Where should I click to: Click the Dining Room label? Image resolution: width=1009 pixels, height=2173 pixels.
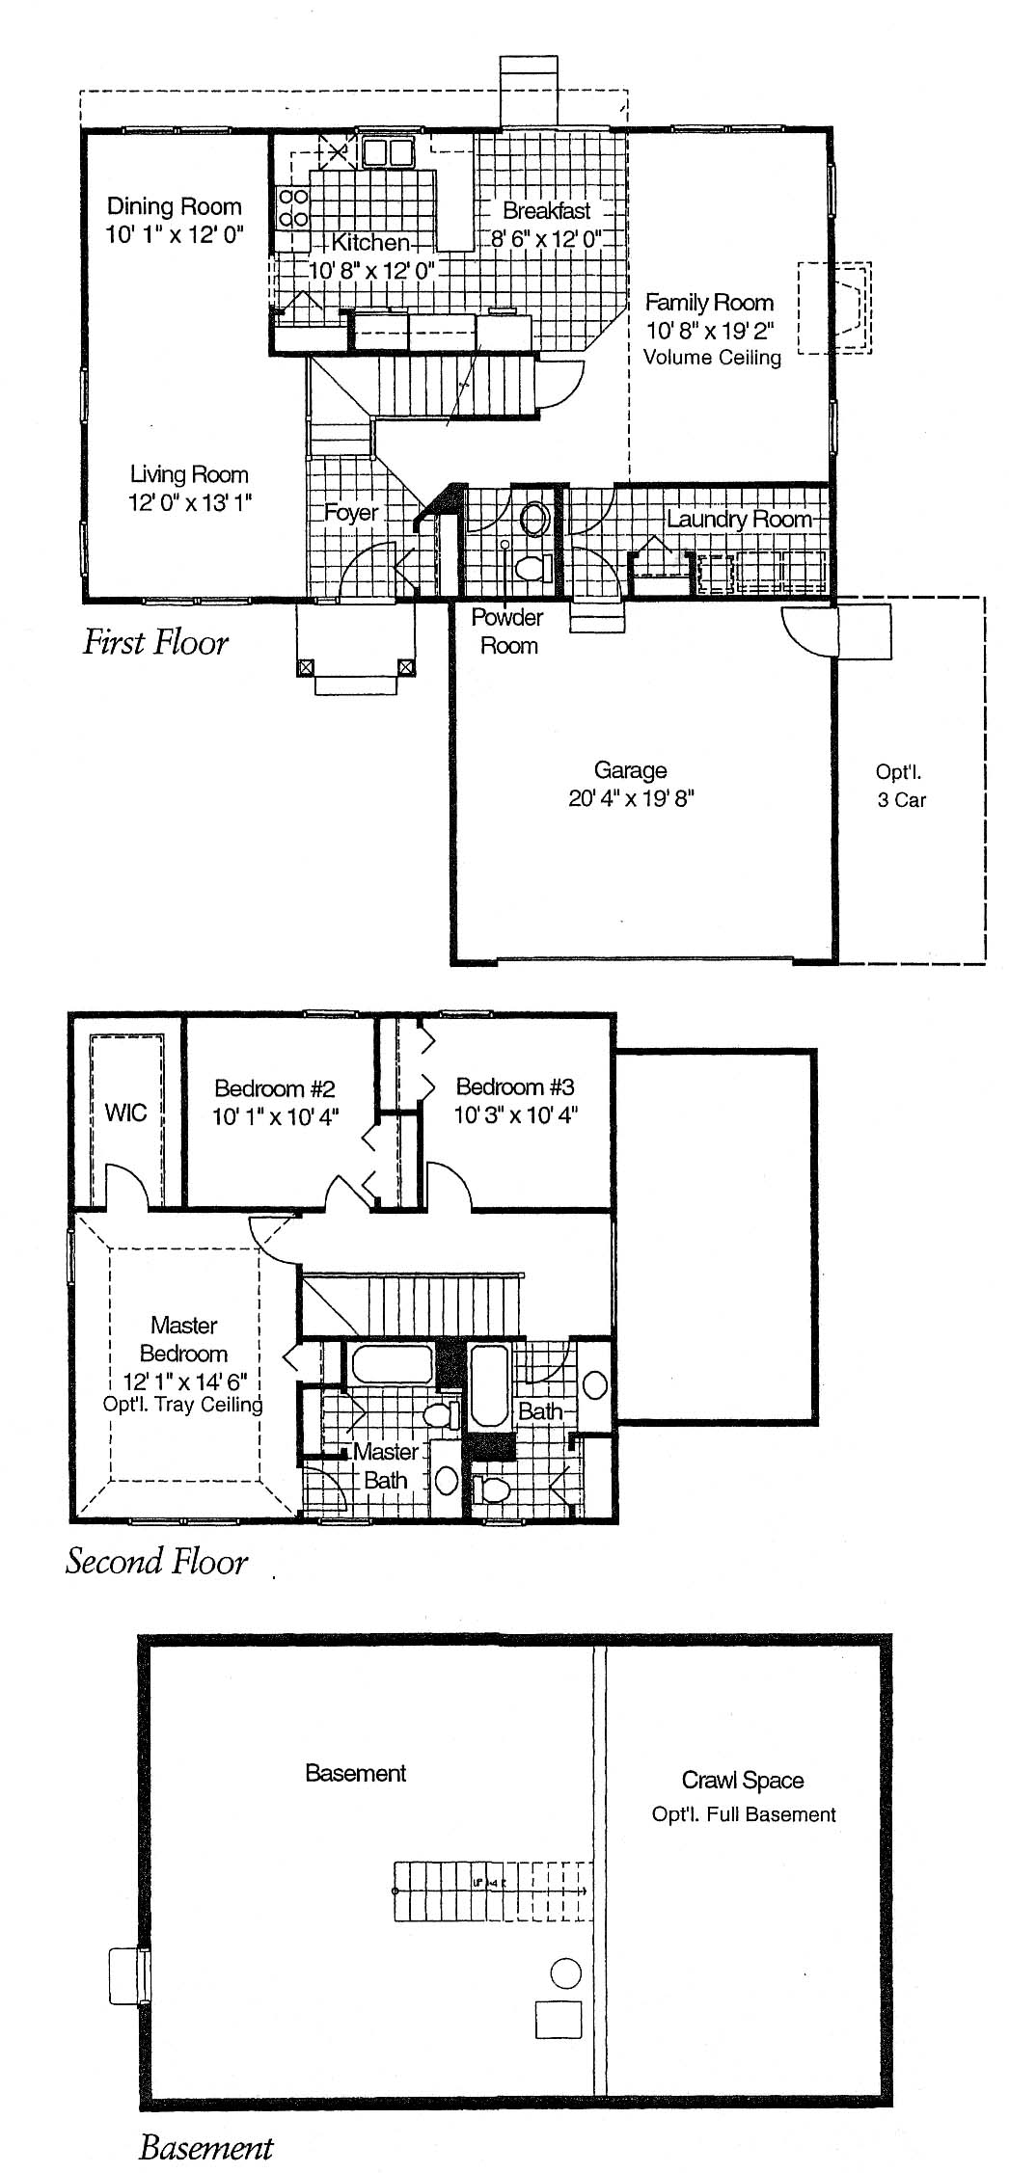coord(174,206)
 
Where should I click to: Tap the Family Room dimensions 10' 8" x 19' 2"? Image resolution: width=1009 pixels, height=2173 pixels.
coord(709,331)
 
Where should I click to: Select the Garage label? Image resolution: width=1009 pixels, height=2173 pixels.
coord(631,770)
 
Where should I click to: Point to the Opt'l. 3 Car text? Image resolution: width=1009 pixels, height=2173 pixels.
coord(901,785)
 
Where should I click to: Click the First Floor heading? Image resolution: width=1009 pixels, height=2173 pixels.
coord(155,642)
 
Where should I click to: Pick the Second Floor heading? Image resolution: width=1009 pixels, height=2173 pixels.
coord(156,1561)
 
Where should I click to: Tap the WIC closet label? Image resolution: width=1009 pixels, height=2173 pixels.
coord(125,1113)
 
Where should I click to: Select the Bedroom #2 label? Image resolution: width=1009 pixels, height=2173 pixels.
coord(275,1088)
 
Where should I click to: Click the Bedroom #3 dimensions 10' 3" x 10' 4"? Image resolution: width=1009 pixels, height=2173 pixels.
coord(516,1115)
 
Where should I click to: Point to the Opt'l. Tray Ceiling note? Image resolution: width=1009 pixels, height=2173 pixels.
coord(183,1405)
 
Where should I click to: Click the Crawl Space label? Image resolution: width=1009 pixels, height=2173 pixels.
coord(743,1780)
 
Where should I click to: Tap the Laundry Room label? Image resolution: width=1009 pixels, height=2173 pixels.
coord(740,519)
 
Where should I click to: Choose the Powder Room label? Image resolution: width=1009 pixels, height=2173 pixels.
coord(508,631)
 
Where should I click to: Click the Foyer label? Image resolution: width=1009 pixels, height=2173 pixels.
coord(351,513)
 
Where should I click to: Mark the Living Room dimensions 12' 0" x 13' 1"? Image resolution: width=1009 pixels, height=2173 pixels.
coord(190,502)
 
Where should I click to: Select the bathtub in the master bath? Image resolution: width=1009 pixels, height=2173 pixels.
coord(391,1364)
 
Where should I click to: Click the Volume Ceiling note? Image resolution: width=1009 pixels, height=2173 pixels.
coord(712,358)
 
